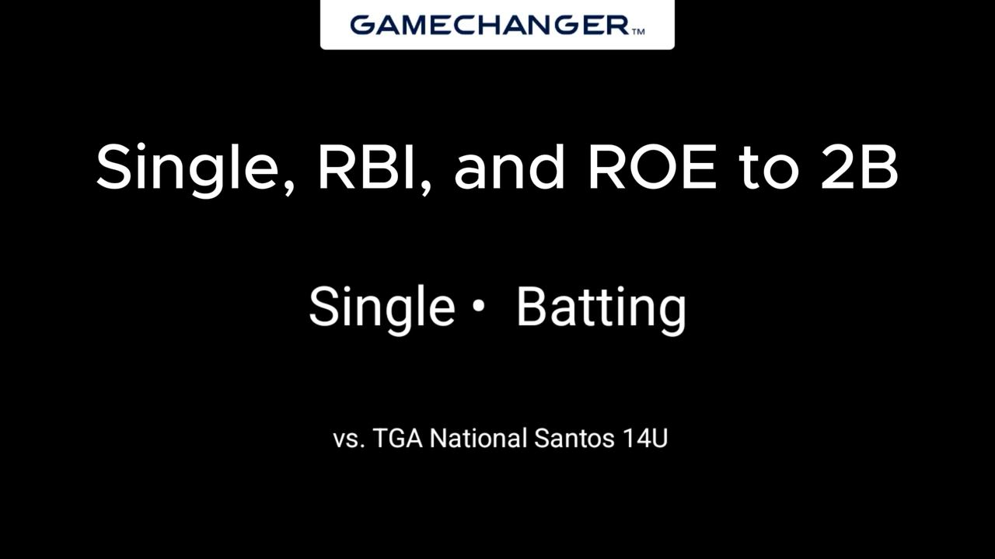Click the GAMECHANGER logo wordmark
(490, 25)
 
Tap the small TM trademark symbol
(637, 32)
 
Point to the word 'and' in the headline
(509, 165)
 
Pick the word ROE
(652, 166)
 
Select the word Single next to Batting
(382, 309)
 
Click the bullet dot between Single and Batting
(478, 305)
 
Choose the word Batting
(602, 309)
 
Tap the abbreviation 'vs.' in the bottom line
(349, 439)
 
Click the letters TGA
(398, 438)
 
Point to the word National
(478, 438)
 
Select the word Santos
(574, 439)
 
